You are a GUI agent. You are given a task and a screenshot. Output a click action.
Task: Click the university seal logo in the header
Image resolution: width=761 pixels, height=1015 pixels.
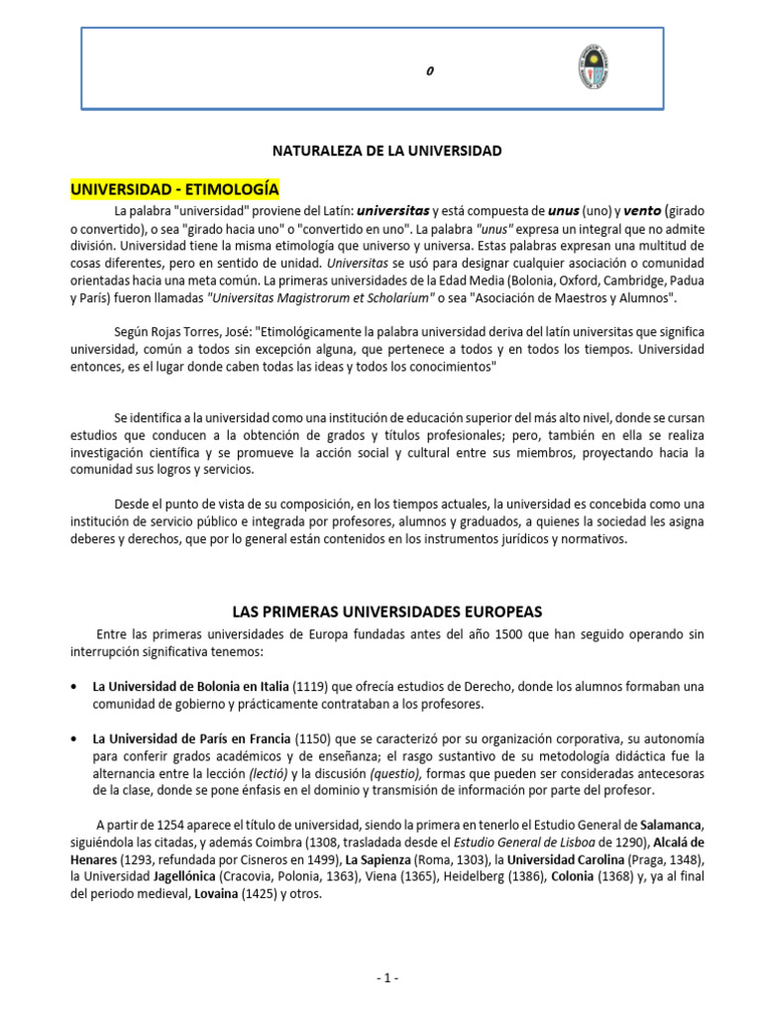tap(593, 67)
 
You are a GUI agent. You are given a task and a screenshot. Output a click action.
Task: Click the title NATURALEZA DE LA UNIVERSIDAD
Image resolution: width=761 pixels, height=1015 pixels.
tap(387, 151)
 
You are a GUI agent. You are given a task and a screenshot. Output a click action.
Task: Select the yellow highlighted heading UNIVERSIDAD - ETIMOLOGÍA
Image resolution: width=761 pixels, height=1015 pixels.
tap(174, 188)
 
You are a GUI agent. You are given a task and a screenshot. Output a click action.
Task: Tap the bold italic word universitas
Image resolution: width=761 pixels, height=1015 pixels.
tap(393, 211)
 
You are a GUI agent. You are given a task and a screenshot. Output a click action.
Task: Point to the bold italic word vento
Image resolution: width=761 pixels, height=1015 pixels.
tap(626, 211)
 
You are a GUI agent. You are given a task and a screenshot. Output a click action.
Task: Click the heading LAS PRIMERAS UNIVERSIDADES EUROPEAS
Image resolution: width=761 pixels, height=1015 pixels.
tap(386, 611)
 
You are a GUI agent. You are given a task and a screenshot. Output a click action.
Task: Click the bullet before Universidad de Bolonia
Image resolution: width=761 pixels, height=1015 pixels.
tap(75, 687)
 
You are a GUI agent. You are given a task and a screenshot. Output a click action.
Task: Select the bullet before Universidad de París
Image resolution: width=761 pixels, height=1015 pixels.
tap(75, 739)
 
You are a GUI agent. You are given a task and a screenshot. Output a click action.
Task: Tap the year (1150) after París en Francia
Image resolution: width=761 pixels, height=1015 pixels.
tap(309, 739)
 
